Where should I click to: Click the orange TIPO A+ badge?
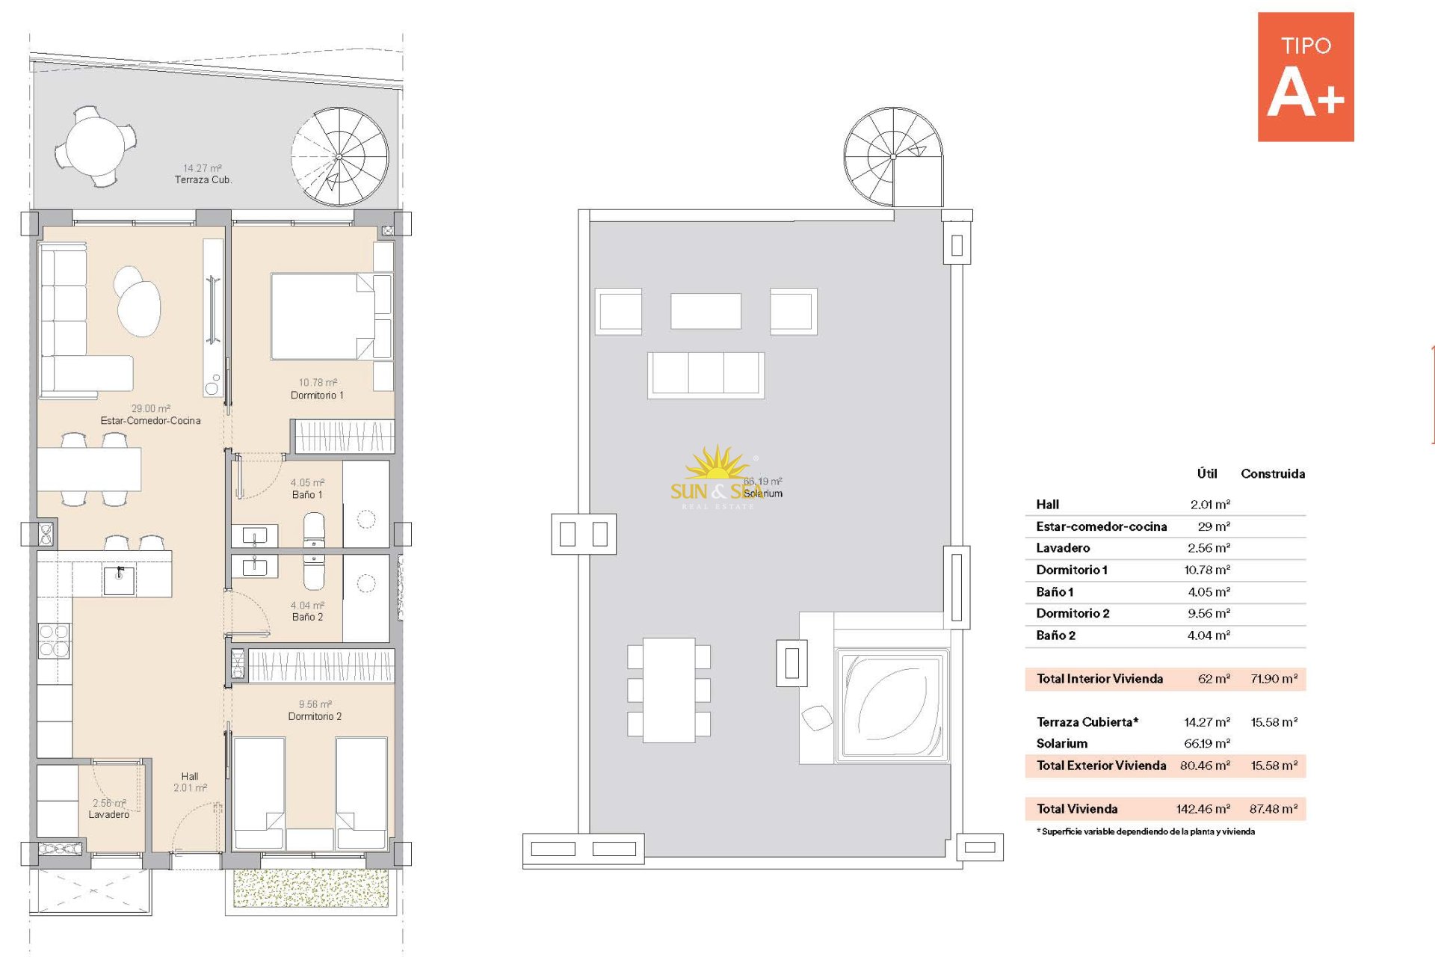[1306, 77]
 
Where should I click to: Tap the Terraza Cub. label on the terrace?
[203, 180]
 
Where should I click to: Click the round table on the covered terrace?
[96, 146]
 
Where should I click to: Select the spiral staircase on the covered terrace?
[340, 157]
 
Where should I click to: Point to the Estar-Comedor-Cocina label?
[151, 421]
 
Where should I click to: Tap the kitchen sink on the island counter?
[120, 580]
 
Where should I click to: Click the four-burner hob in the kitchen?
[54, 641]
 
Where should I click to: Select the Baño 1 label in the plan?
[307, 495]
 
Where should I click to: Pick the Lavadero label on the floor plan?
[109, 815]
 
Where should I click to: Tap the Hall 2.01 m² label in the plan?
[190, 782]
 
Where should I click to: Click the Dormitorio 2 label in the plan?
[315, 716]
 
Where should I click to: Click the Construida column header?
[1273, 474]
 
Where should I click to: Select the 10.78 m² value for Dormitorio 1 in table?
[1207, 570]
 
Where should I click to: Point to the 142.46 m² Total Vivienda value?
[1203, 809]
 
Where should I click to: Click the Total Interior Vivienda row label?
[1099, 679]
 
